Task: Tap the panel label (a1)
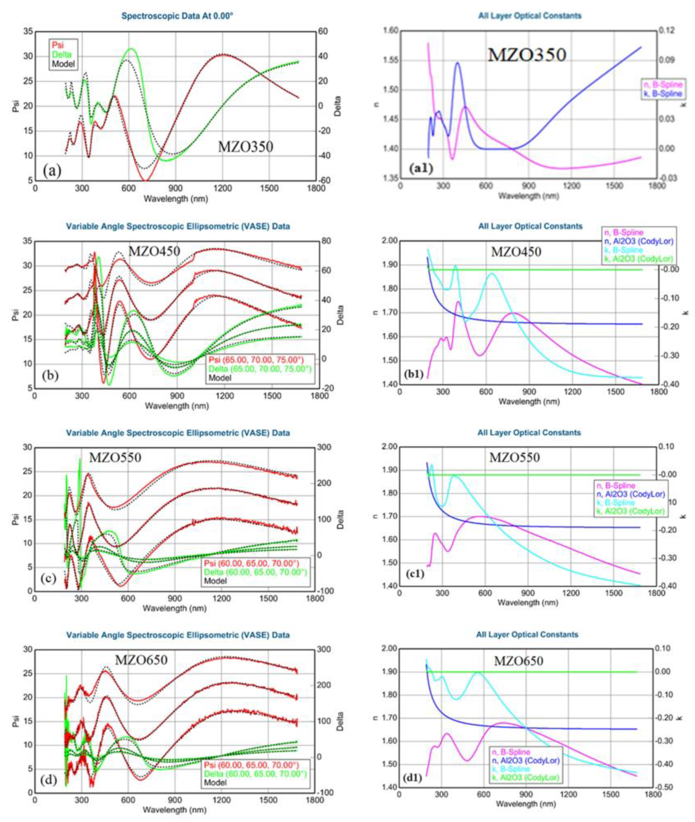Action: tap(421, 168)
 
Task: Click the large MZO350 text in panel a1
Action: tap(527, 54)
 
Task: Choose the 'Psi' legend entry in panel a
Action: tap(58, 45)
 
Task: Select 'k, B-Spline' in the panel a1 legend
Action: tap(663, 94)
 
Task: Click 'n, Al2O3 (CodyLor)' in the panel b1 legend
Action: tap(638, 241)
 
